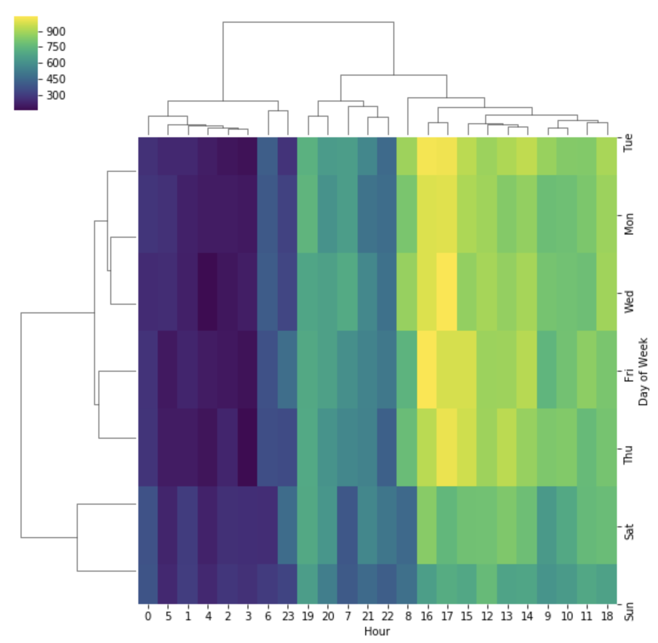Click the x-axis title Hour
(377, 631)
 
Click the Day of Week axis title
(643, 371)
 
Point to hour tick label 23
(288, 616)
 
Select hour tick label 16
(427, 616)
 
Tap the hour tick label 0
(148, 616)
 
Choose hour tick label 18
(607, 616)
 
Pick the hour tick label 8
(407, 616)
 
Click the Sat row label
(629, 531)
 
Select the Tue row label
(629, 143)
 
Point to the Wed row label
(629, 301)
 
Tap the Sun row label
(629, 612)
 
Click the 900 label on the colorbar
(56, 31)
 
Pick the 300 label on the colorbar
(56, 95)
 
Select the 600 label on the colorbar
(56, 63)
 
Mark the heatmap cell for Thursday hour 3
(248, 447)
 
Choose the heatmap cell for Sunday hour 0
(148, 584)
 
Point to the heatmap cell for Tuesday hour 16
(427, 156)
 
